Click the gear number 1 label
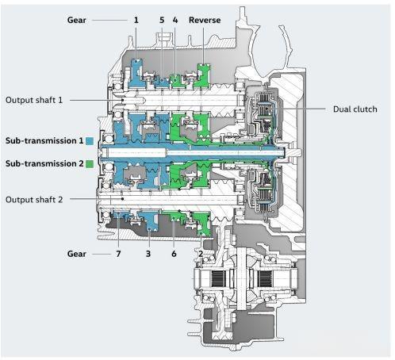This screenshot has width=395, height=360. point(136,20)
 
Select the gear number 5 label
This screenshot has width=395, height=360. point(162,20)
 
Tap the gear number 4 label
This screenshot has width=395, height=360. point(175,20)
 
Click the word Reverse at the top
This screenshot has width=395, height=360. point(205,20)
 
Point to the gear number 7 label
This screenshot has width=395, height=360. point(118,254)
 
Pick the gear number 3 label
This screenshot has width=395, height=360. point(148,254)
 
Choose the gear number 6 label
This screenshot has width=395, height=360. point(174,254)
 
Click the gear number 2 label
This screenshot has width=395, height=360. point(201,254)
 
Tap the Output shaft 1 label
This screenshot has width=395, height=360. point(34,100)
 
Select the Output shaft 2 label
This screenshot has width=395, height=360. point(34,200)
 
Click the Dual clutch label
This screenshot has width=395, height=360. point(355,109)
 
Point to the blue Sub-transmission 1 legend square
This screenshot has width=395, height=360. point(90,141)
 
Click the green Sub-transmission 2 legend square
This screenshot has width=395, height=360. point(90,164)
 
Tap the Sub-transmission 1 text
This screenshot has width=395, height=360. point(44,140)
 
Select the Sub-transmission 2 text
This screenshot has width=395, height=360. point(44,163)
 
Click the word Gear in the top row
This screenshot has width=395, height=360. point(77,20)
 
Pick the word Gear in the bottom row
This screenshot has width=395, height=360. point(77,254)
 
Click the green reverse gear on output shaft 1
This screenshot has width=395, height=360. point(203,76)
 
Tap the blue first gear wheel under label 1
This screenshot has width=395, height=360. point(136,73)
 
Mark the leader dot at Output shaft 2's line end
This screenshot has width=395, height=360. point(122,199)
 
